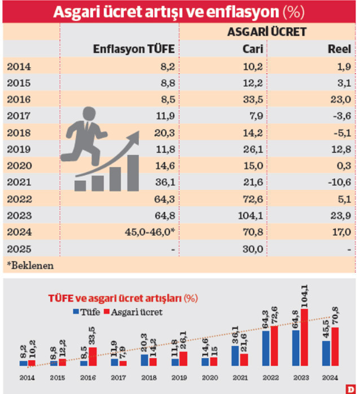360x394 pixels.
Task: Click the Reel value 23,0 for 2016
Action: click(x=341, y=100)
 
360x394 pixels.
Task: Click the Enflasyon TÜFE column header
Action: click(x=133, y=49)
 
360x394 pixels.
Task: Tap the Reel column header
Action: click(x=339, y=49)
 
